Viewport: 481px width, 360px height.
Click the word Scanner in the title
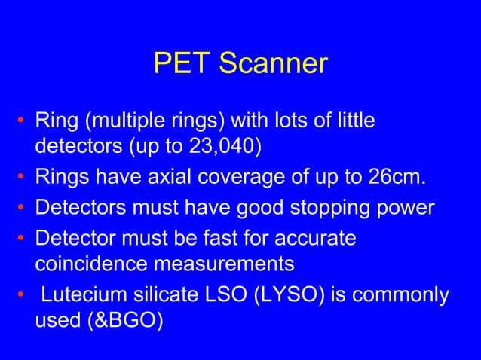point(274,64)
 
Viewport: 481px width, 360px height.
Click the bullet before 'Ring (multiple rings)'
point(23,121)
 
